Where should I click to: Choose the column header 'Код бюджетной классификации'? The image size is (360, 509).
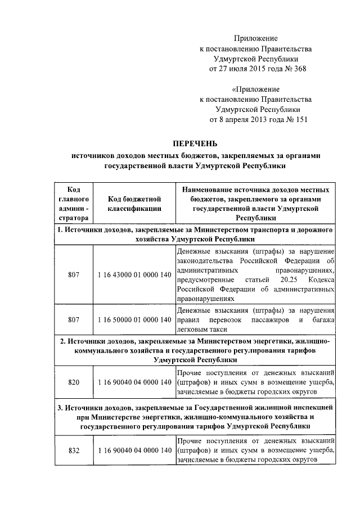click(x=134, y=203)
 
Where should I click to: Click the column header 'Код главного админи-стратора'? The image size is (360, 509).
click(x=73, y=203)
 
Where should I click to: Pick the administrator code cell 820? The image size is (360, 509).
click(x=73, y=382)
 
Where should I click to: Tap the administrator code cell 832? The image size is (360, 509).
click(x=73, y=451)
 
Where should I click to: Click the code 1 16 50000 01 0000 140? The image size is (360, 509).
click(x=134, y=319)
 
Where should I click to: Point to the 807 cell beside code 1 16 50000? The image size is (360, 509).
click(x=73, y=319)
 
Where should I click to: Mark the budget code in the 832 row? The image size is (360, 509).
click(x=134, y=451)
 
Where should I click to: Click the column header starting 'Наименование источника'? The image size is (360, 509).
click(x=255, y=203)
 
